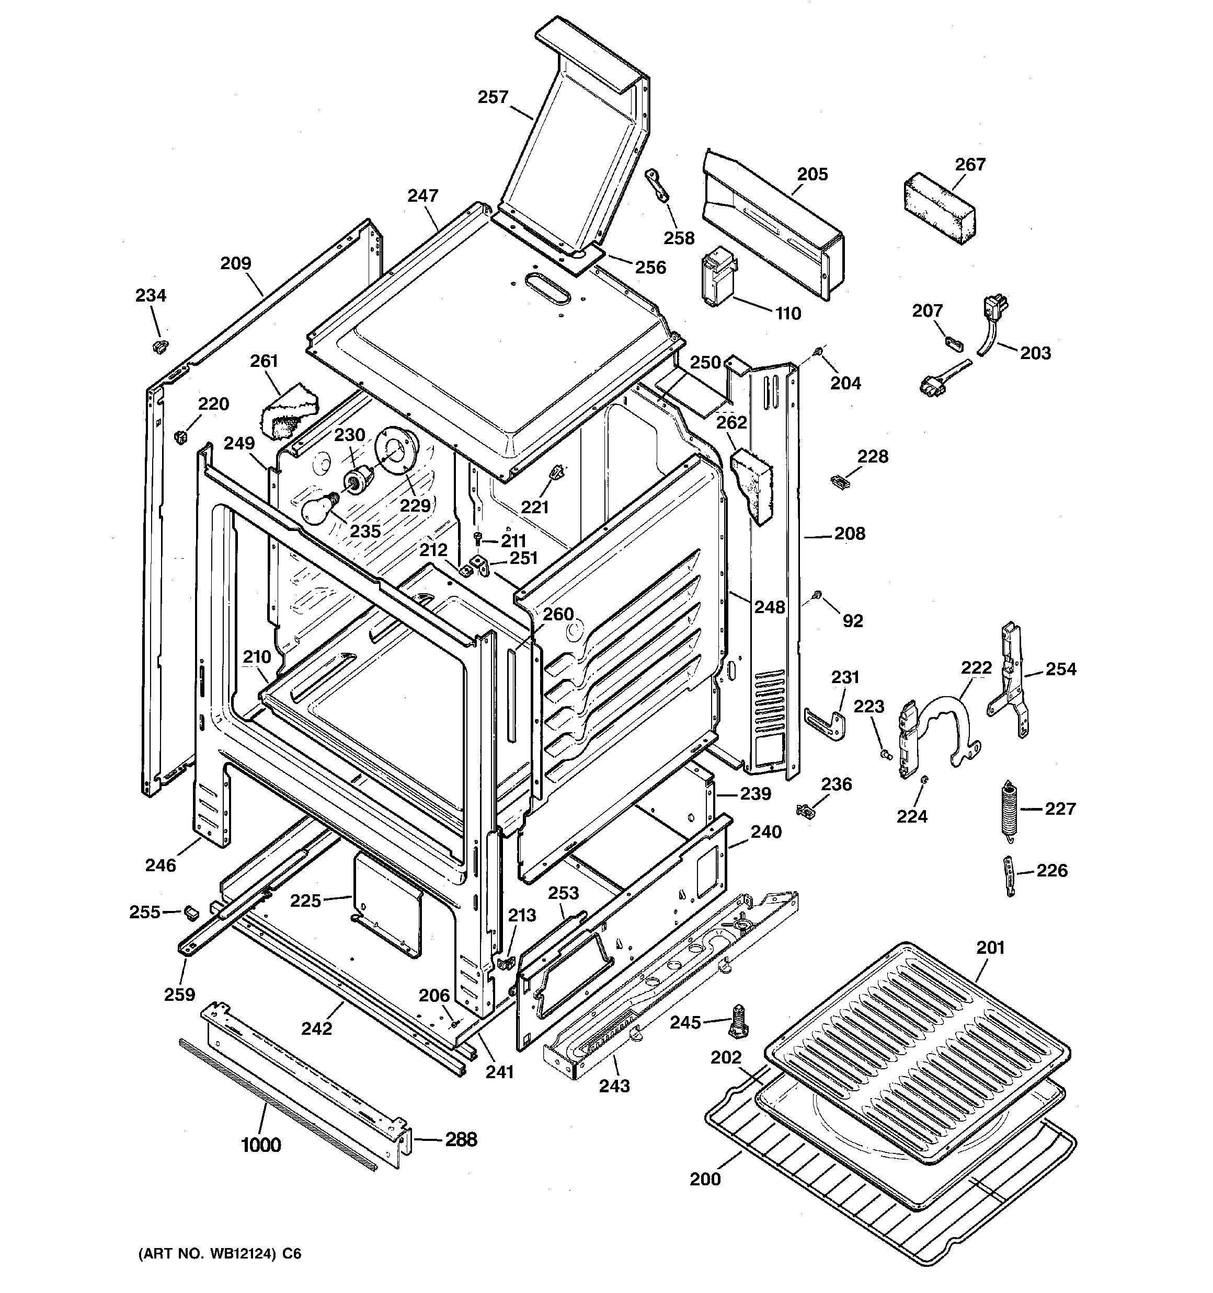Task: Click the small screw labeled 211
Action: (x=478, y=538)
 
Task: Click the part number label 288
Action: (x=461, y=1139)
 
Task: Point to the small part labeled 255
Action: (x=191, y=912)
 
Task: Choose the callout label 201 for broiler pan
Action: (x=990, y=948)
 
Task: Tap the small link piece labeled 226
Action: (x=1009, y=875)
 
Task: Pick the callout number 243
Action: (x=614, y=1086)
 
